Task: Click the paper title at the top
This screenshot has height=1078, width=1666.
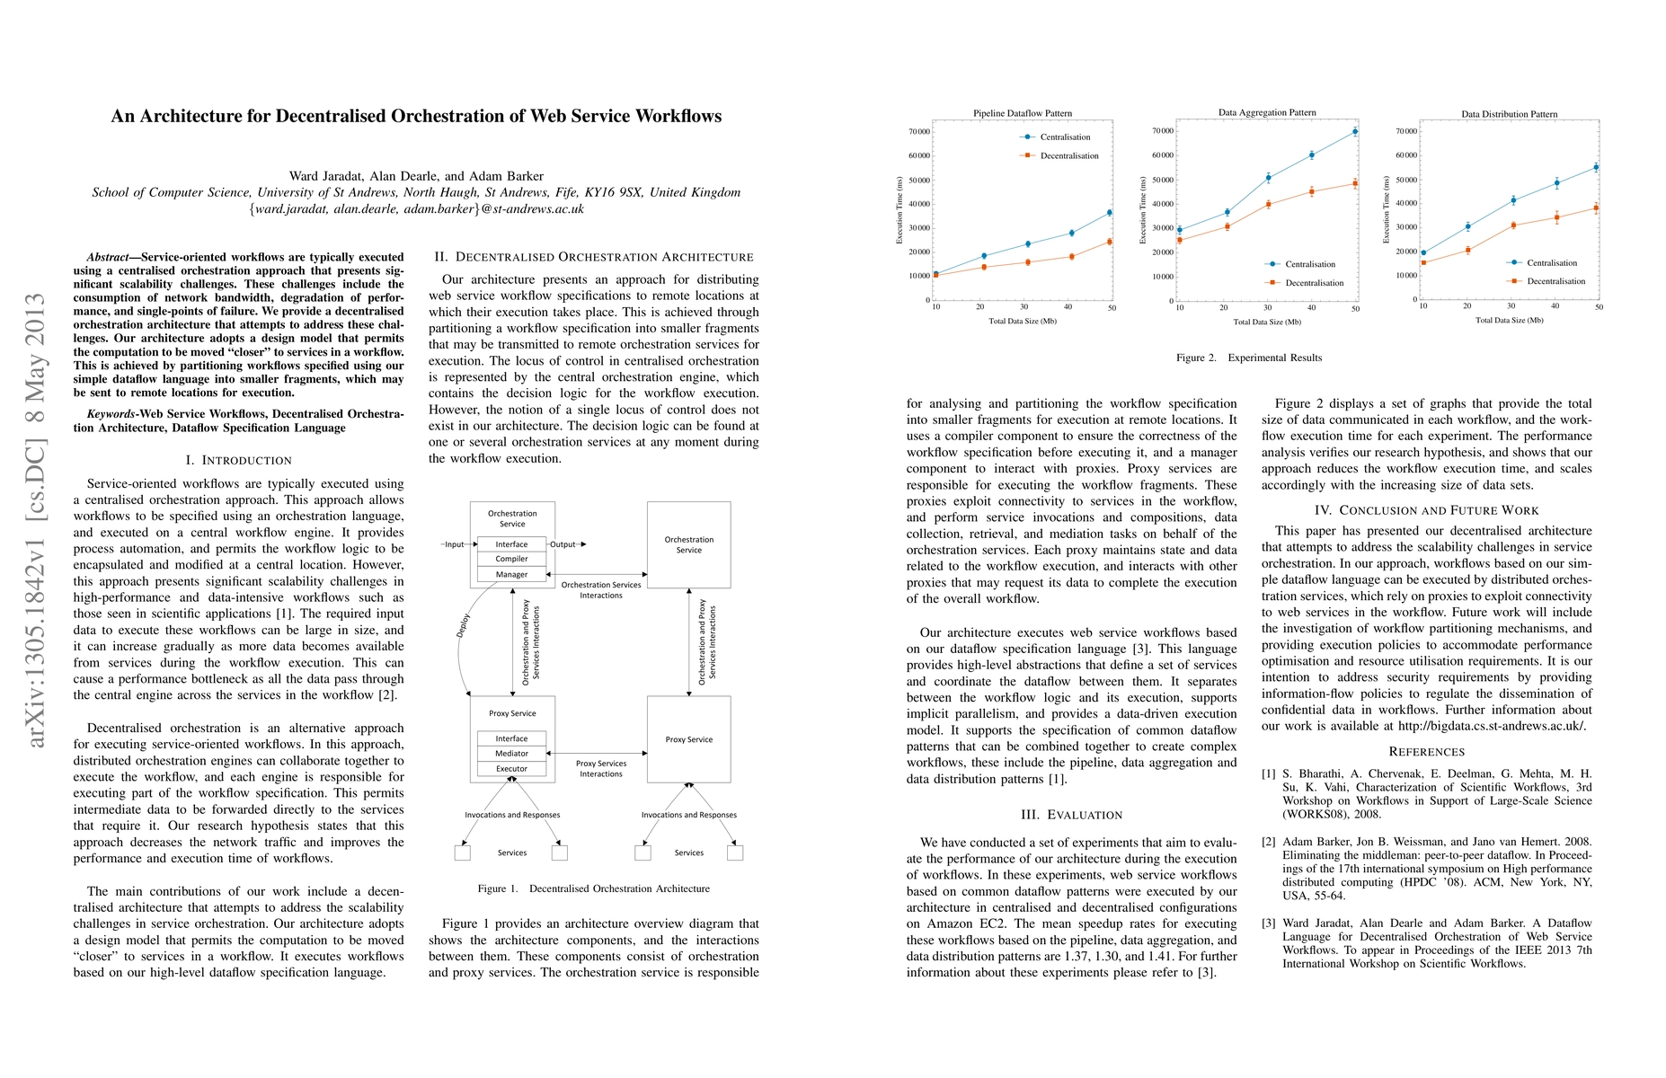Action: pos(416,117)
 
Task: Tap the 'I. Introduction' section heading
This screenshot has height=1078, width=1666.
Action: pos(238,460)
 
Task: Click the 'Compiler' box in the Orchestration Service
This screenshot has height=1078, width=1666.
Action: pos(511,559)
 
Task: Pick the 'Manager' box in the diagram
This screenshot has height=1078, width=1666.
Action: pos(511,574)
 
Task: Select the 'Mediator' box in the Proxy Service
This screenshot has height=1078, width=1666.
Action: pos(511,754)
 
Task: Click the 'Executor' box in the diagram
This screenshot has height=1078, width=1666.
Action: pos(511,769)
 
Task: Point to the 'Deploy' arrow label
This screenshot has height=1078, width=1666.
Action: pos(464,625)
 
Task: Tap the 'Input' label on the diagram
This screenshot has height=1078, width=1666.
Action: pos(455,544)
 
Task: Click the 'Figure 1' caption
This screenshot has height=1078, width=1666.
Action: pos(593,888)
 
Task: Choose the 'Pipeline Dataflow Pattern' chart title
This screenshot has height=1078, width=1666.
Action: pos(1022,113)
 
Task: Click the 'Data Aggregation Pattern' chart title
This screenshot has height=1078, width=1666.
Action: pos(1266,112)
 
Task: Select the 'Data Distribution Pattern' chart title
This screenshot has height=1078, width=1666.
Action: pos(1509,114)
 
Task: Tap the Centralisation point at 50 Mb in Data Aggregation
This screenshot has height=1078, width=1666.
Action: pos(1355,131)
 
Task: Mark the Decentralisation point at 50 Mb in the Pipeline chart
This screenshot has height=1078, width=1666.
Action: pos(1110,242)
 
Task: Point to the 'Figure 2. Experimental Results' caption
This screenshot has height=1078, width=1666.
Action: pos(1248,358)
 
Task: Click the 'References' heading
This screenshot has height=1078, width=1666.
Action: pos(1426,752)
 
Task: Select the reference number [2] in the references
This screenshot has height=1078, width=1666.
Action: pos(1268,842)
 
